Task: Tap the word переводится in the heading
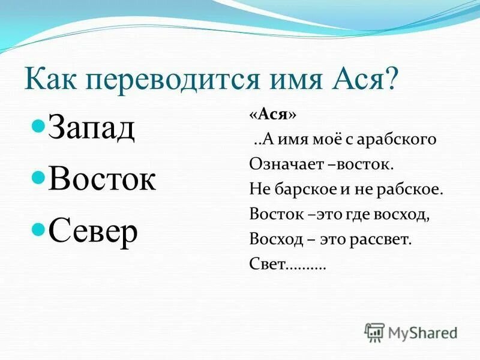point(166,80)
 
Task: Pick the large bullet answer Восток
point(102,179)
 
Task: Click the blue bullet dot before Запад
point(38,128)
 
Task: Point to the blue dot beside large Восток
point(38,178)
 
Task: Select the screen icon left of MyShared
point(374,332)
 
